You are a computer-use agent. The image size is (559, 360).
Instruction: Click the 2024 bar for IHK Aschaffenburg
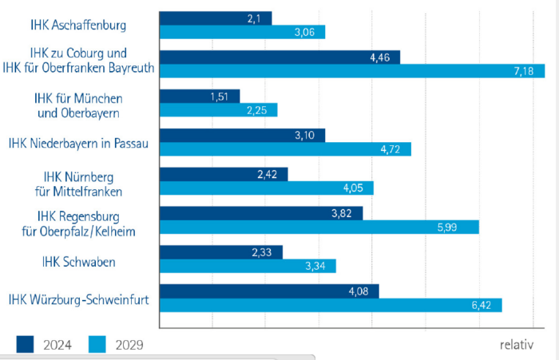point(216,18)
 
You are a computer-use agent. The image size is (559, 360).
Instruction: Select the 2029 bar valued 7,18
point(351,71)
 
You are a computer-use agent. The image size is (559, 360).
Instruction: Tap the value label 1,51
point(219,97)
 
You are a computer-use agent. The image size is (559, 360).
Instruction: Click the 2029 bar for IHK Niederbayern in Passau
point(285,149)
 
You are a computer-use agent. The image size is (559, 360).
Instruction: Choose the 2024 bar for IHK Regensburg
point(261,214)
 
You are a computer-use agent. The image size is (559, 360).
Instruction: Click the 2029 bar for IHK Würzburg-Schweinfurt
point(331,305)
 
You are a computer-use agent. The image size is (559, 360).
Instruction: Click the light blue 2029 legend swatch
point(97,345)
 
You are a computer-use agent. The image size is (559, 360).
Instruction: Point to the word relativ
point(516,345)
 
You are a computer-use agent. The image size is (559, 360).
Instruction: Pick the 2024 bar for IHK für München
point(200,97)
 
